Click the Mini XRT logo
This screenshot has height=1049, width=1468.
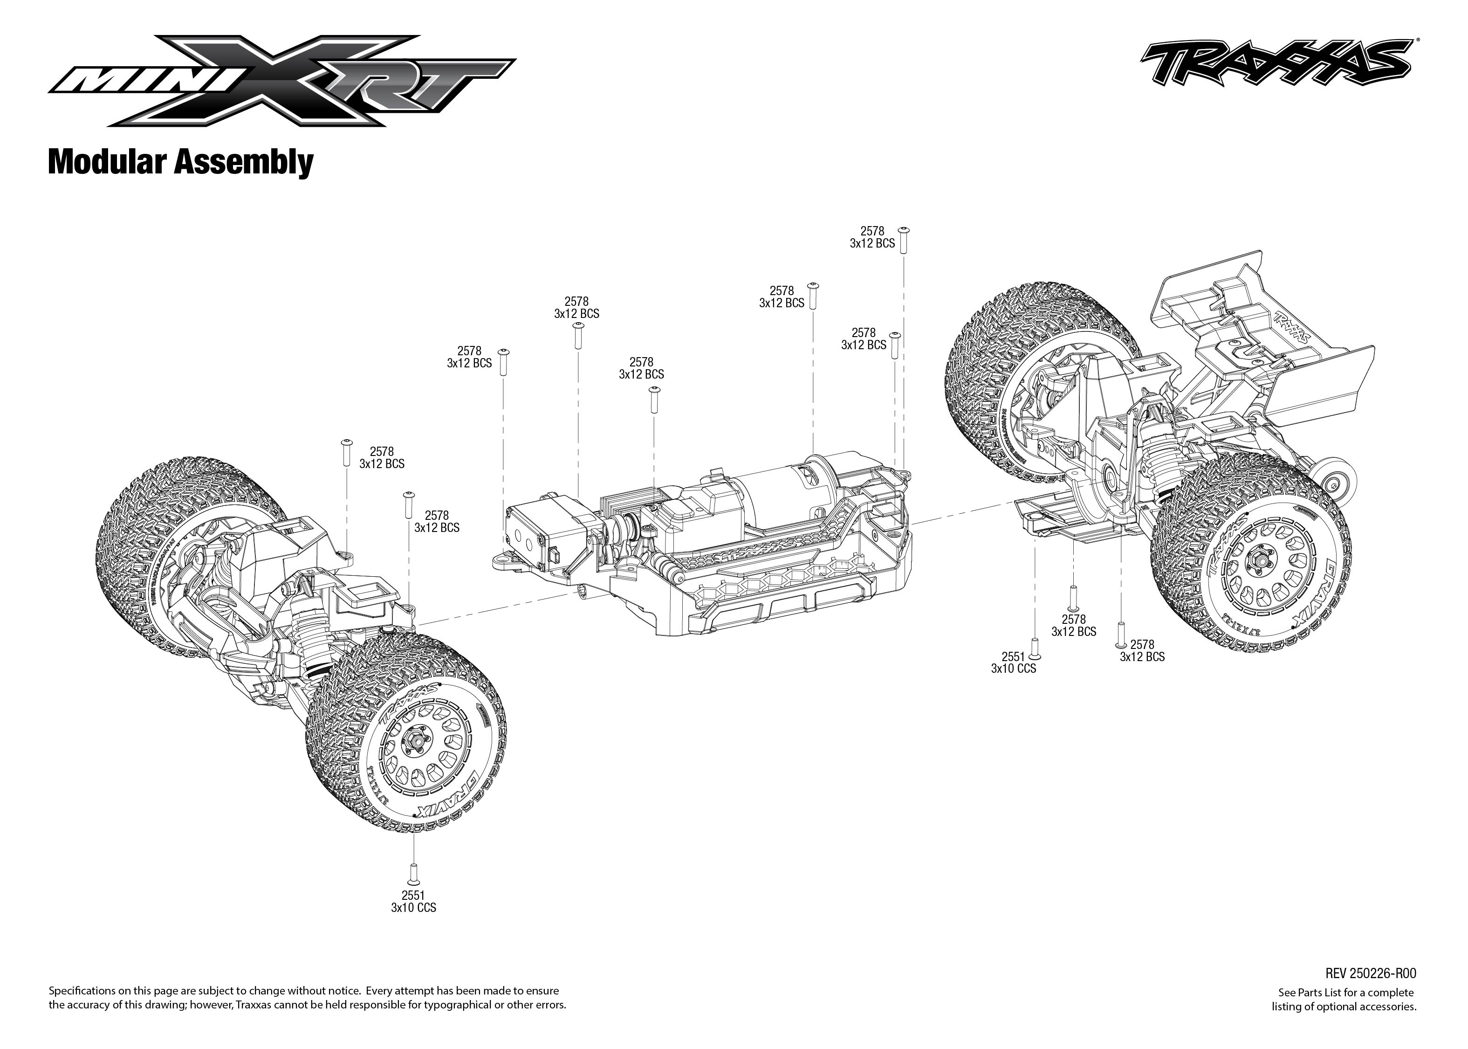pos(281,82)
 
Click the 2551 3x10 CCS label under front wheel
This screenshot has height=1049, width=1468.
pos(413,901)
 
